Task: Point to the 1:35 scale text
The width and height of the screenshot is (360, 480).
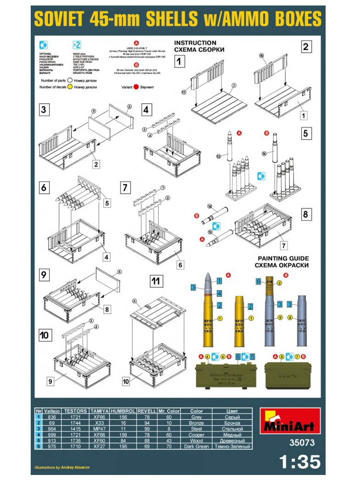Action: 300,462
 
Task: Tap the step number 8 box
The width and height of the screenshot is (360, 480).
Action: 305,214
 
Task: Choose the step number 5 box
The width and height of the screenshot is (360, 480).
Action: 306,134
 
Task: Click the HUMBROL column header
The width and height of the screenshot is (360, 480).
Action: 123,411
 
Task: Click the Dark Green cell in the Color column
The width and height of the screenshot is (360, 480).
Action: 196,446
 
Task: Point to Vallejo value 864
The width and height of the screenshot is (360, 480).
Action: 52,428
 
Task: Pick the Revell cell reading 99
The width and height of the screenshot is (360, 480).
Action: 147,428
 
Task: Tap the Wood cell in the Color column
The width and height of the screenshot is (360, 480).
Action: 196,440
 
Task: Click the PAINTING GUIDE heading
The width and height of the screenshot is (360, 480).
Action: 283,259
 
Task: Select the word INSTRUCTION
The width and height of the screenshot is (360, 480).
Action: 195,43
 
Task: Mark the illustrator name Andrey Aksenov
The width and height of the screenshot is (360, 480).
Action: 73,468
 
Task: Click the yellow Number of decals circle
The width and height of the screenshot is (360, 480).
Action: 70,87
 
